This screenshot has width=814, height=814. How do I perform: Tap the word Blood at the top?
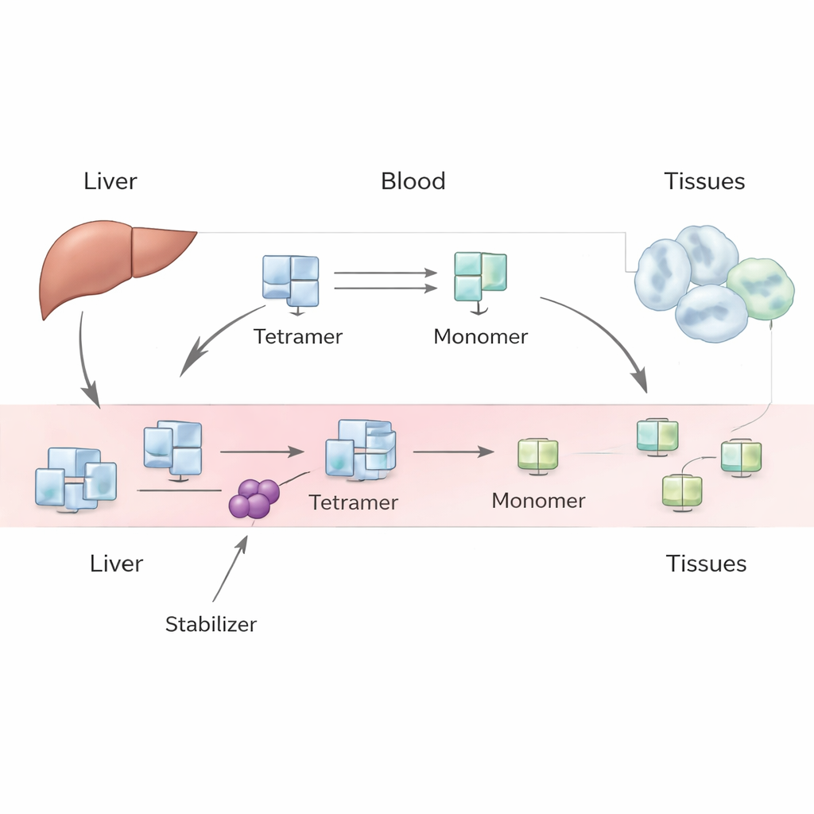click(413, 181)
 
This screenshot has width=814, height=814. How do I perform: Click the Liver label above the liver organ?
click(110, 181)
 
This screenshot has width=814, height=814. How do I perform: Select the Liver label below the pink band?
click(116, 564)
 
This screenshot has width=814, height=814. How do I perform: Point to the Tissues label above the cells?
click(704, 181)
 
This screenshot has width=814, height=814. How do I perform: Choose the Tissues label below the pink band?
click(706, 564)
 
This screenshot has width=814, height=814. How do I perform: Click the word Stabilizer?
click(211, 624)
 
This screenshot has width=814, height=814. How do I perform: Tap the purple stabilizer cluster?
click(253, 499)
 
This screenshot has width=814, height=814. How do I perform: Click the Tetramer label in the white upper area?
click(298, 336)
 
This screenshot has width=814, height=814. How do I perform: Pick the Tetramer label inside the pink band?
click(353, 502)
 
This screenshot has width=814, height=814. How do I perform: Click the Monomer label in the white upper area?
click(480, 336)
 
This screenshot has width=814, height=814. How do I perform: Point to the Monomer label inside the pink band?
click(538, 501)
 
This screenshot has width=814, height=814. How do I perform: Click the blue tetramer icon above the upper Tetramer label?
click(290, 281)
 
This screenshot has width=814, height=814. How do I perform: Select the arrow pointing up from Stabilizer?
click(230, 568)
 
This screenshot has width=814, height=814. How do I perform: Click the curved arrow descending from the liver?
click(85, 358)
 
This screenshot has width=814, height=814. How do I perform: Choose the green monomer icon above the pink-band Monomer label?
click(537, 455)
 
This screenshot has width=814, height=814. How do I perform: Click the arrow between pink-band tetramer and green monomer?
click(452, 452)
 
